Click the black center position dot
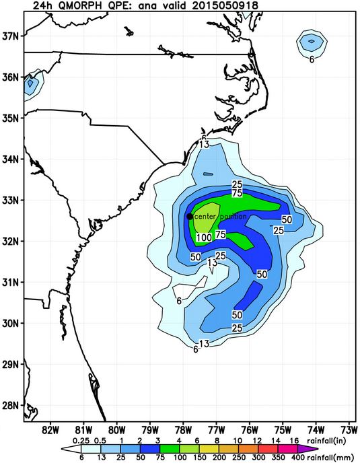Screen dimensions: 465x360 pos(190,216)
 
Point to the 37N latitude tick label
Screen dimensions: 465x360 pos(11,36)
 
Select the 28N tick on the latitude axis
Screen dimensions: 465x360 pos(11,405)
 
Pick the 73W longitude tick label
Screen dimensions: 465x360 pos(349,429)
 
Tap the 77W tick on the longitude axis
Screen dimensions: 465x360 pos(216,429)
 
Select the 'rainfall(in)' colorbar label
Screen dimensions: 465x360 pos(334,441)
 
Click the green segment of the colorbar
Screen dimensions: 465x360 pos(152,450)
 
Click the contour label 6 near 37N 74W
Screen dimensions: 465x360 pos(312,59)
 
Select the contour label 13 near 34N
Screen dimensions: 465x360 pos(205,145)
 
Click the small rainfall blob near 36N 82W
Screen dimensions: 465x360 pos(30,85)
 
